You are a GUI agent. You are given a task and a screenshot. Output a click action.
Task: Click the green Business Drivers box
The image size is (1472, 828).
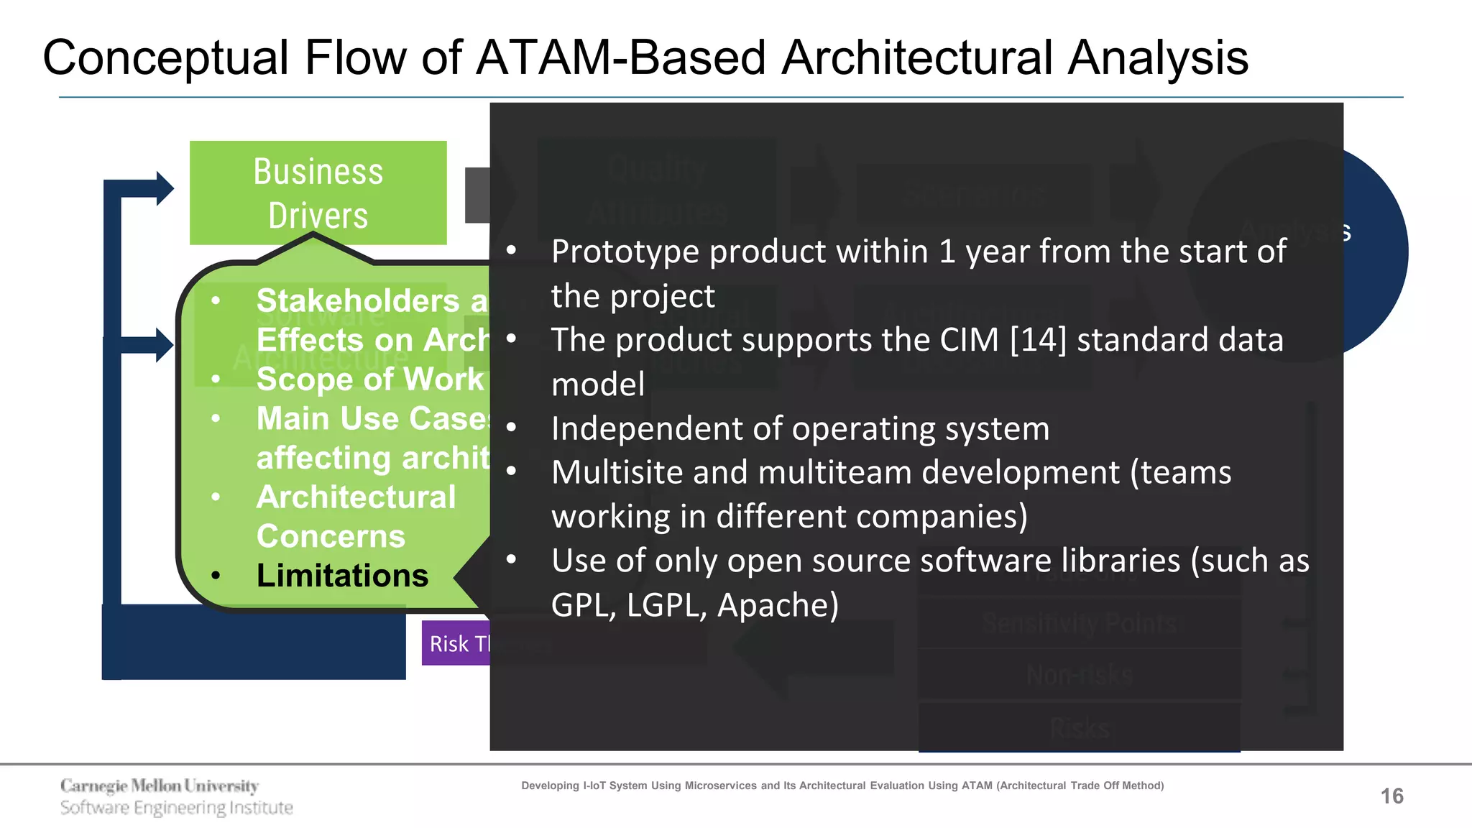pyautogui.click(x=318, y=193)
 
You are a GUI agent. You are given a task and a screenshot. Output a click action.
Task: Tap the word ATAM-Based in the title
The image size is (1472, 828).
pyautogui.click(x=620, y=57)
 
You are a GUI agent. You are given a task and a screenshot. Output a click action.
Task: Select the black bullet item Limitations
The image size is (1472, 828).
pyautogui.click(x=342, y=576)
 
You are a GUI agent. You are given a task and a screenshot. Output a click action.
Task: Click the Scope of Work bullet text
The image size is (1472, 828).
pyautogui.click(x=369, y=379)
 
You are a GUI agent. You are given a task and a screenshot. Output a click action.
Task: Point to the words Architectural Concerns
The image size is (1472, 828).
pyautogui.click(x=356, y=516)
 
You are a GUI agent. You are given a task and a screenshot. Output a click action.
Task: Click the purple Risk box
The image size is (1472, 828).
pyautogui.click(x=456, y=643)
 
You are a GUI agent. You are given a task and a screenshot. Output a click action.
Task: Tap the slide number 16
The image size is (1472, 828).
pyautogui.click(x=1391, y=796)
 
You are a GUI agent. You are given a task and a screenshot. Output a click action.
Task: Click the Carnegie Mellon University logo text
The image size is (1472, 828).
pyautogui.click(x=160, y=786)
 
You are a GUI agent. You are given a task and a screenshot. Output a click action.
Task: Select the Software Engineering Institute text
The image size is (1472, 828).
pyautogui.click(x=177, y=808)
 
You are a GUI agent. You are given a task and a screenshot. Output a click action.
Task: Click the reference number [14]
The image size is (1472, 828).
pyautogui.click(x=1038, y=340)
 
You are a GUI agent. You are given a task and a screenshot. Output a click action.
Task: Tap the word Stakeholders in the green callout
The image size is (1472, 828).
pyautogui.click(x=357, y=300)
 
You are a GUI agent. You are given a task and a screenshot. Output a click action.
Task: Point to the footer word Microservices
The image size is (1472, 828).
pyautogui.click(x=721, y=786)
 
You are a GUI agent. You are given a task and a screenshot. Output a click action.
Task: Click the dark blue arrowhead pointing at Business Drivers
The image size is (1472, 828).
pyautogui.click(x=165, y=188)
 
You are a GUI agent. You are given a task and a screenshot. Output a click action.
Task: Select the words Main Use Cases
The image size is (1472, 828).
pyautogui.click(x=372, y=418)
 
